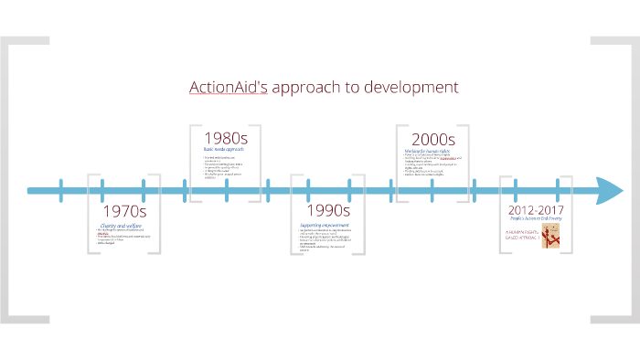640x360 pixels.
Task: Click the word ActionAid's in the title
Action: click(x=227, y=88)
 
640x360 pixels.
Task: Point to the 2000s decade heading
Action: click(x=432, y=138)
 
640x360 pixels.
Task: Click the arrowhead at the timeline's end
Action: click(x=611, y=191)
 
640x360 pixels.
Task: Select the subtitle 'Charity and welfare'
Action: click(x=121, y=226)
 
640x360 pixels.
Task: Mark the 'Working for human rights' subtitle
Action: click(x=431, y=149)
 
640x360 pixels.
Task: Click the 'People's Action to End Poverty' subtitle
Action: click(x=536, y=220)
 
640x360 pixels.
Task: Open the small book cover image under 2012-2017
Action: click(x=550, y=237)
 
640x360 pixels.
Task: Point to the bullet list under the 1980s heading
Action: click(x=224, y=167)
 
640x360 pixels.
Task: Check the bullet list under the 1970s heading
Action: click(x=121, y=238)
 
